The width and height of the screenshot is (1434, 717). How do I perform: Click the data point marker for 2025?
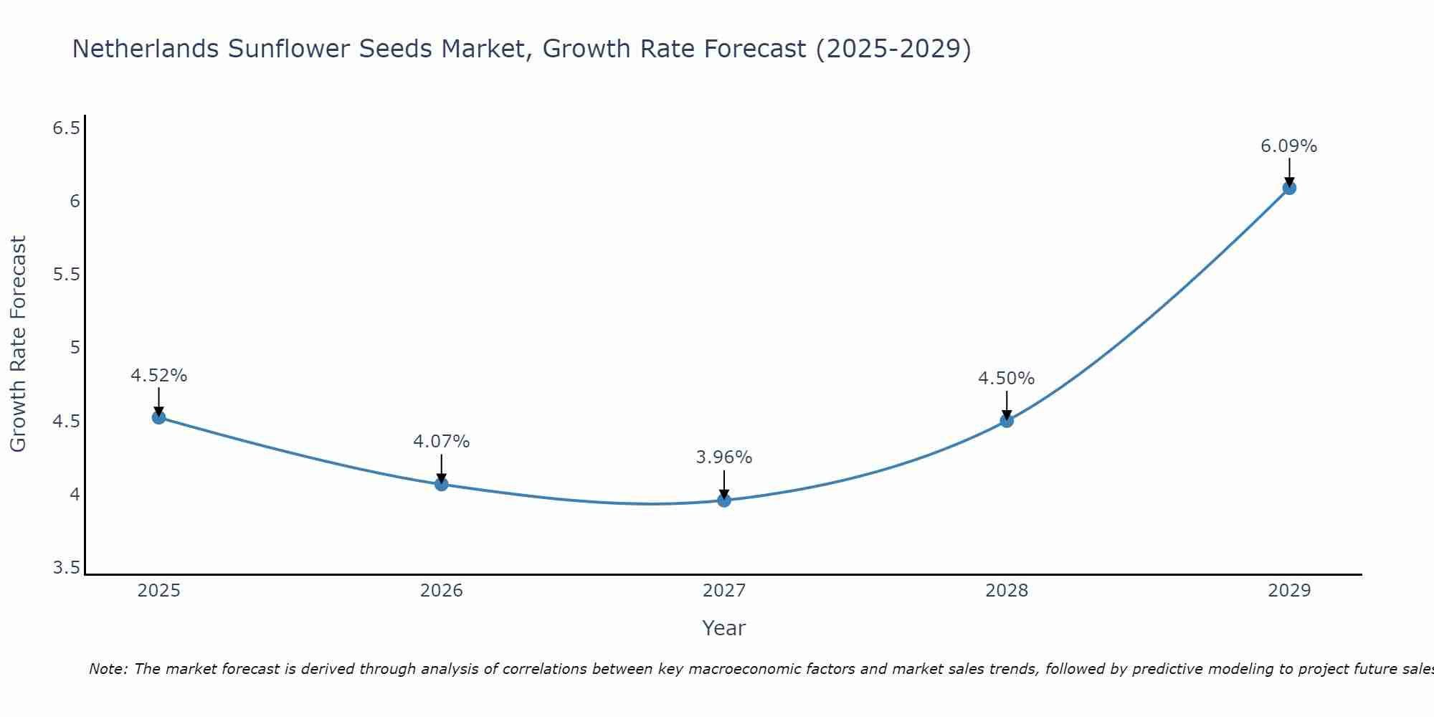(158, 417)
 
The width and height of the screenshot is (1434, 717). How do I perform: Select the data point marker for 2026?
(441, 484)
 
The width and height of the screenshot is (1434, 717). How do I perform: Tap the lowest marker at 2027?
(724, 500)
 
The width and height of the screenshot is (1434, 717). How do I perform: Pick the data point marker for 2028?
(1007, 420)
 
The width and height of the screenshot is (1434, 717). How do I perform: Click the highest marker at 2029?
(1289, 188)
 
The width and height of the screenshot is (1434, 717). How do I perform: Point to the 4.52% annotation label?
(158, 376)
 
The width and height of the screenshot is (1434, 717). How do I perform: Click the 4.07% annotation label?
(441, 442)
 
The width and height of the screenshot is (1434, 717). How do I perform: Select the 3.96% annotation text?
(724, 457)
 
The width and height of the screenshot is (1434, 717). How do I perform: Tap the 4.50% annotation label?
(1007, 379)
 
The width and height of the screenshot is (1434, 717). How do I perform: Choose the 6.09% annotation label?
(1289, 146)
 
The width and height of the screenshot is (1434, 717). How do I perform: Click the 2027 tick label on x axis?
(724, 591)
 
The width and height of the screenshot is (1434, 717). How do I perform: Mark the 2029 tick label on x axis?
(1289, 591)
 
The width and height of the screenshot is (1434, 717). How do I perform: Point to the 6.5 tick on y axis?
(67, 128)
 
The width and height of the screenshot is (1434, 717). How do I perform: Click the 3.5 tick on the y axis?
(67, 568)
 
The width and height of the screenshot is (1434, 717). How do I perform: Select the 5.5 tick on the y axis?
(67, 275)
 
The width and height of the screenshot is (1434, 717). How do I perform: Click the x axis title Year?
(724, 628)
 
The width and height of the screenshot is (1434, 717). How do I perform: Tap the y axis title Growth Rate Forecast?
(18, 344)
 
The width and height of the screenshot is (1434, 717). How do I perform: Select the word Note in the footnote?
(108, 669)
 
